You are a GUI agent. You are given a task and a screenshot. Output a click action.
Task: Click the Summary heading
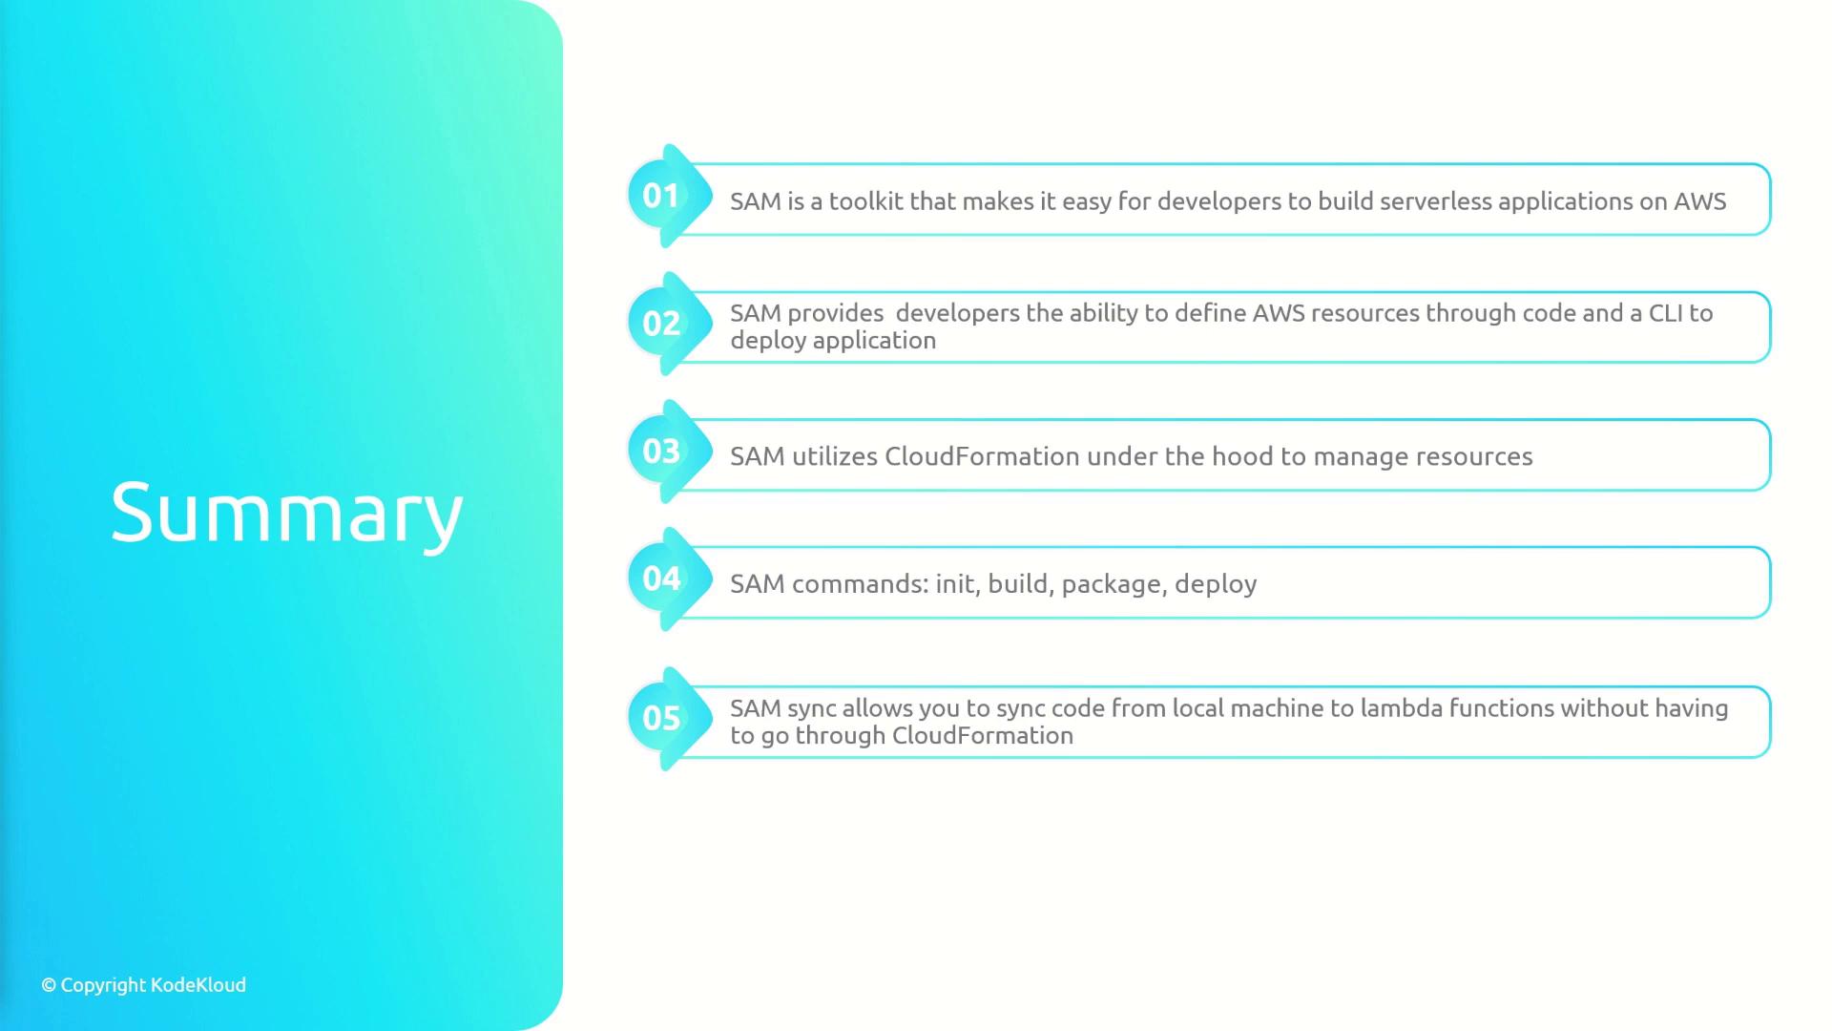[287, 514]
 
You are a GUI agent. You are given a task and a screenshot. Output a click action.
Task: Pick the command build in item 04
[1020, 584]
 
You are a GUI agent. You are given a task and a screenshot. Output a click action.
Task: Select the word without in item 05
[1604, 708]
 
